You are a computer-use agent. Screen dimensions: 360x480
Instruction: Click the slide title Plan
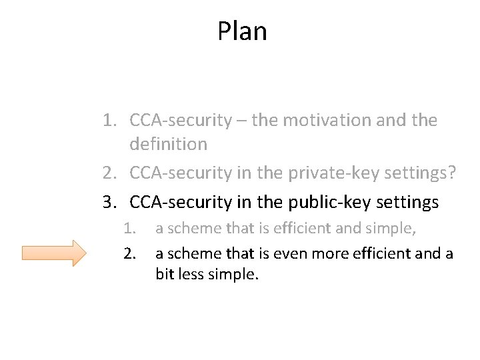pos(242,31)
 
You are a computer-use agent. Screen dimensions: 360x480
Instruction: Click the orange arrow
pos(54,253)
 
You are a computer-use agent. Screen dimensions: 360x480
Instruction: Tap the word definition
pos(169,144)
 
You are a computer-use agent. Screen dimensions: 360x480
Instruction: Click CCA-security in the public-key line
pos(178,201)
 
